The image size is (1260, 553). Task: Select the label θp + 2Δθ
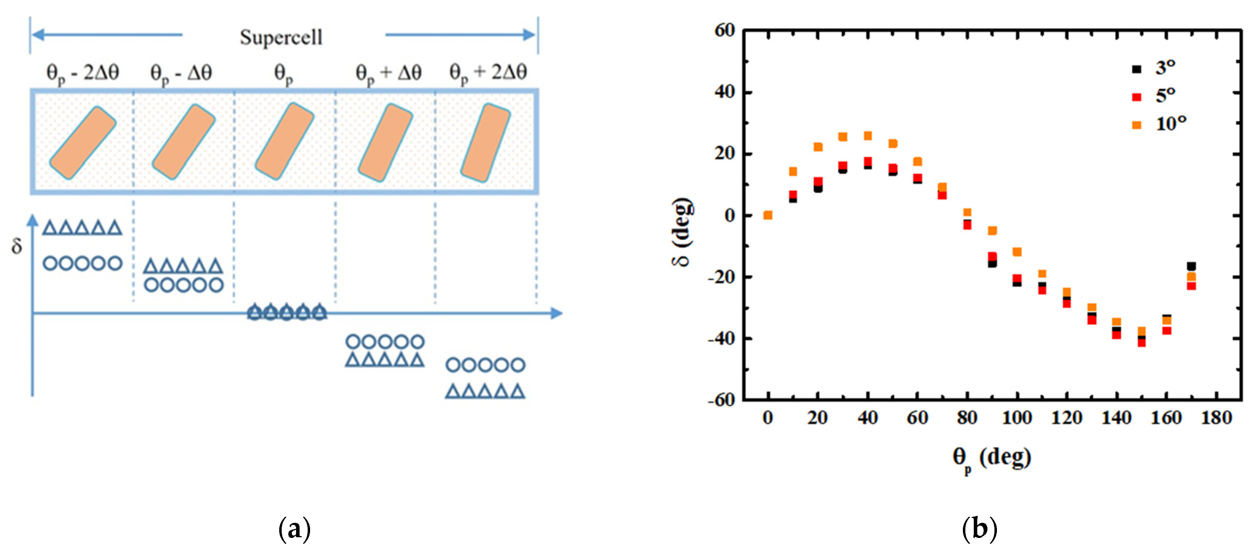488,73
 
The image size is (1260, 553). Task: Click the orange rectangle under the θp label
284,141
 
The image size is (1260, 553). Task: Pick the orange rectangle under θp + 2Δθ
485,142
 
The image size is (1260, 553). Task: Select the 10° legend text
1171,124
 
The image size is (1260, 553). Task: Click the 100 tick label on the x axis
1017,418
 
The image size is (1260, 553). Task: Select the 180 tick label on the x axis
1216,418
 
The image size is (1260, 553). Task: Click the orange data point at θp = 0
768,215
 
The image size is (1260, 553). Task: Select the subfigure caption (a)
294,529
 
